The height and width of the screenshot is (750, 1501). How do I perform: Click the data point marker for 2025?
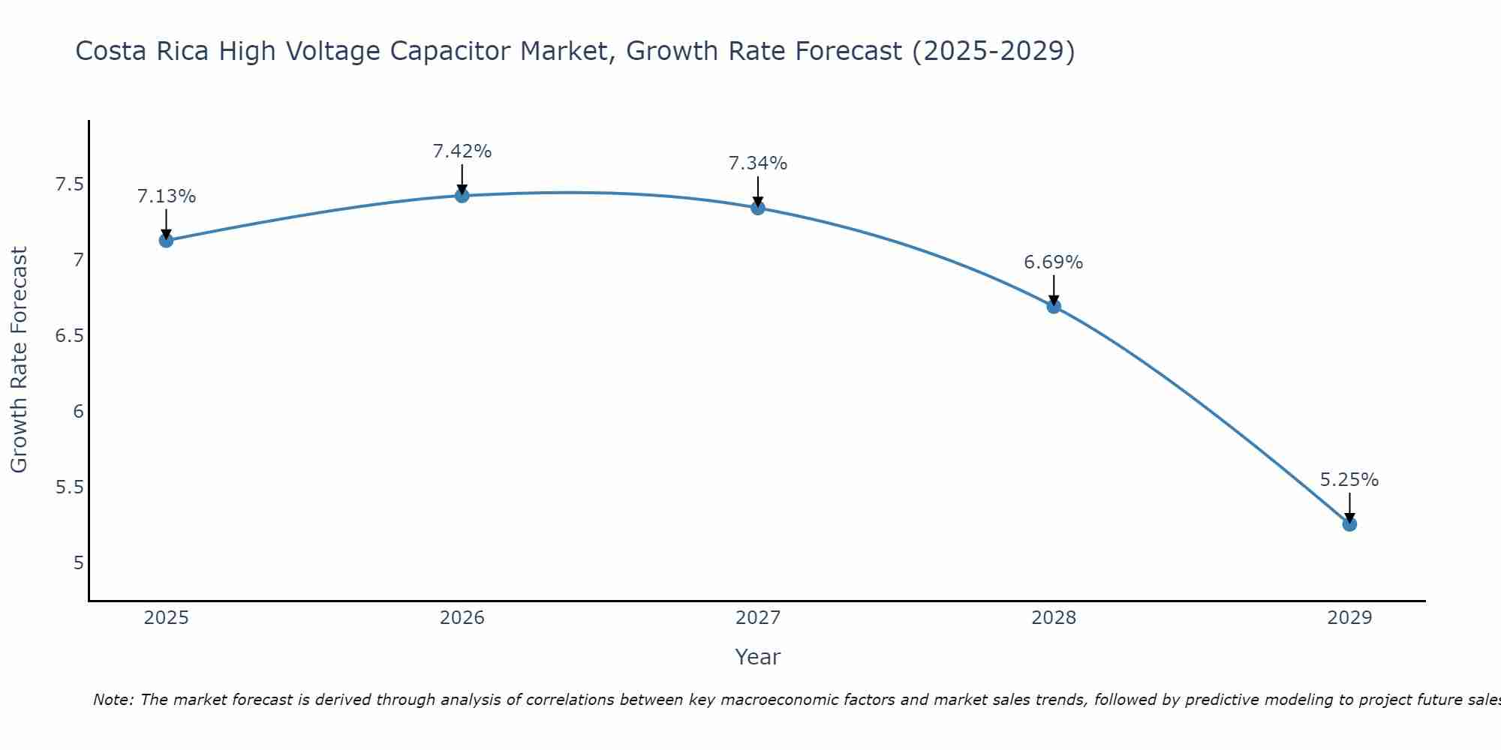pos(166,240)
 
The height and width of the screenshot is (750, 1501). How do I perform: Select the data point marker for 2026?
pos(462,196)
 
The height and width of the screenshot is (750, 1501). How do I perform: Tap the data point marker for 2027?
pos(758,208)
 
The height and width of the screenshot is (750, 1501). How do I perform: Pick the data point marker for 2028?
pos(1054,306)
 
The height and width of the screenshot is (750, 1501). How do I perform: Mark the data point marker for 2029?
pos(1349,524)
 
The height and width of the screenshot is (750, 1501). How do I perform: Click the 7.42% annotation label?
pos(462,151)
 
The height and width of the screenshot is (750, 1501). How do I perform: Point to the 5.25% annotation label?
pos(1349,480)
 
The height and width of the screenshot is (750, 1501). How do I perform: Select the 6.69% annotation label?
pos(1054,262)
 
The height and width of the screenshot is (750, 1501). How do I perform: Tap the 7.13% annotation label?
pos(166,196)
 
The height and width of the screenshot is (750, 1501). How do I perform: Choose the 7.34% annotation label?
pos(758,163)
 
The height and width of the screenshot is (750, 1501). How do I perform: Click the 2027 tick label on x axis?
pos(758,618)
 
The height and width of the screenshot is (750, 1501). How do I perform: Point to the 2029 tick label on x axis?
pos(1349,618)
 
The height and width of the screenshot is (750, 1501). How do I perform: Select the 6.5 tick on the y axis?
pos(69,335)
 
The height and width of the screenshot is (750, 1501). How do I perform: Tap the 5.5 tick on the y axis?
pos(69,487)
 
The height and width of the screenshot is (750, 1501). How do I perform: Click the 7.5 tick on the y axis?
pos(69,184)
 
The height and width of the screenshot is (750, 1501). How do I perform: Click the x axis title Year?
pos(758,657)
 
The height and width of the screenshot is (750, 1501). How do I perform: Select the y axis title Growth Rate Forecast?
pos(20,360)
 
